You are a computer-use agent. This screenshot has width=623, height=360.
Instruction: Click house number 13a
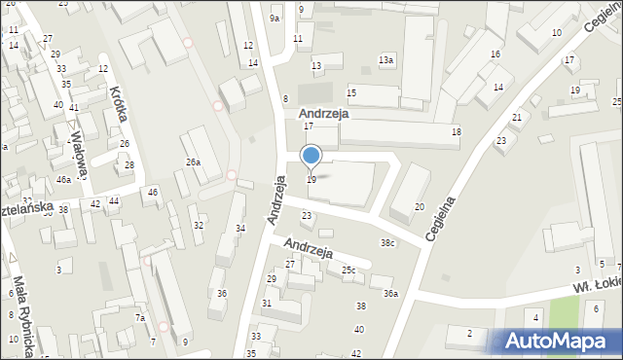point(386,60)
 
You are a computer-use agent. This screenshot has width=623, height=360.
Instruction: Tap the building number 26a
point(193,162)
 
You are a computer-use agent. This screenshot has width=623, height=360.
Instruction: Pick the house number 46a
point(63,180)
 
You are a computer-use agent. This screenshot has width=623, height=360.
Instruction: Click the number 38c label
point(387,242)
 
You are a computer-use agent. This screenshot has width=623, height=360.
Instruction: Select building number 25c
point(348,270)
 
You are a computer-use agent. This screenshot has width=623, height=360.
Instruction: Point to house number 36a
point(390,293)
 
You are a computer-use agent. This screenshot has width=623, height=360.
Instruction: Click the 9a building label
point(275,18)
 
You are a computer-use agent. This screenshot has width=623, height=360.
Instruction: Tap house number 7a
point(140,318)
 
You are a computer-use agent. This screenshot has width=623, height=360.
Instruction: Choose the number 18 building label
point(456,131)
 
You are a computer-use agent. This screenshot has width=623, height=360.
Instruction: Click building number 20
point(420,206)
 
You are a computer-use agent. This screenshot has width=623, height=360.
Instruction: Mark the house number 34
point(240,229)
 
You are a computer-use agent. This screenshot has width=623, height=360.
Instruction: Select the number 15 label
point(351,92)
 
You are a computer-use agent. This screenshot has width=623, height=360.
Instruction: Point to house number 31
point(267,304)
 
